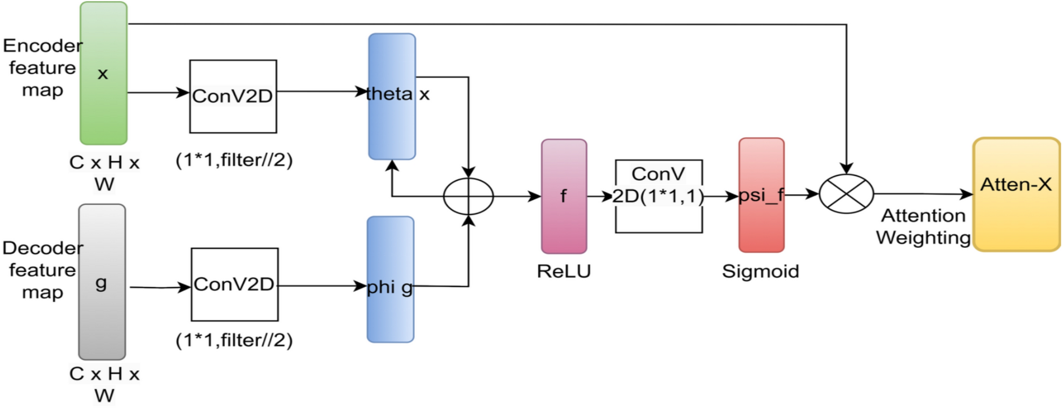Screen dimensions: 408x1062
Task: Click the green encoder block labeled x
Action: pyautogui.click(x=103, y=73)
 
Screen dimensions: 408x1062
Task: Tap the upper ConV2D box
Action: pyautogui.click(x=233, y=96)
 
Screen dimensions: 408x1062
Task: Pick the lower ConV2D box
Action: pyautogui.click(x=234, y=284)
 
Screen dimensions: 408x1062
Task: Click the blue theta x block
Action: pyautogui.click(x=392, y=96)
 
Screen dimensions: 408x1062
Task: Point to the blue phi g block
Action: pyautogui.click(x=391, y=279)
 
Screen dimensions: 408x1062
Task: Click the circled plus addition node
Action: pyautogui.click(x=468, y=196)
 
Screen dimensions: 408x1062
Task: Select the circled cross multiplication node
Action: pyautogui.click(x=846, y=194)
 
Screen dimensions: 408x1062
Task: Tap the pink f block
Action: pyautogui.click(x=564, y=196)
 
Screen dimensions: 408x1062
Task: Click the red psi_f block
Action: pyautogui.click(x=761, y=195)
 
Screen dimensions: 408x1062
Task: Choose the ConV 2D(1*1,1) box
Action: pyautogui.click(x=658, y=196)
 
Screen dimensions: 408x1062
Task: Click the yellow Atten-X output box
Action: pyautogui.click(x=1016, y=194)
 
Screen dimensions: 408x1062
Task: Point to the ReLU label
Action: pyautogui.click(x=564, y=271)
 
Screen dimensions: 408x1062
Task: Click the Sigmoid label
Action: pyautogui.click(x=760, y=271)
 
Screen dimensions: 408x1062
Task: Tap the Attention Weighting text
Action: pyautogui.click(x=923, y=226)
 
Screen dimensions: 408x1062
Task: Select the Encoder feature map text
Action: pyautogui.click(x=42, y=68)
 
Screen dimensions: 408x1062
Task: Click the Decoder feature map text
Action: pyautogui.click(x=42, y=270)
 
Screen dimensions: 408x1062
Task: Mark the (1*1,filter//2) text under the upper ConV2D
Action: pyautogui.click(x=234, y=160)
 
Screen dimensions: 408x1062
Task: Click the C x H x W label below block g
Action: pyautogui.click(x=104, y=384)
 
